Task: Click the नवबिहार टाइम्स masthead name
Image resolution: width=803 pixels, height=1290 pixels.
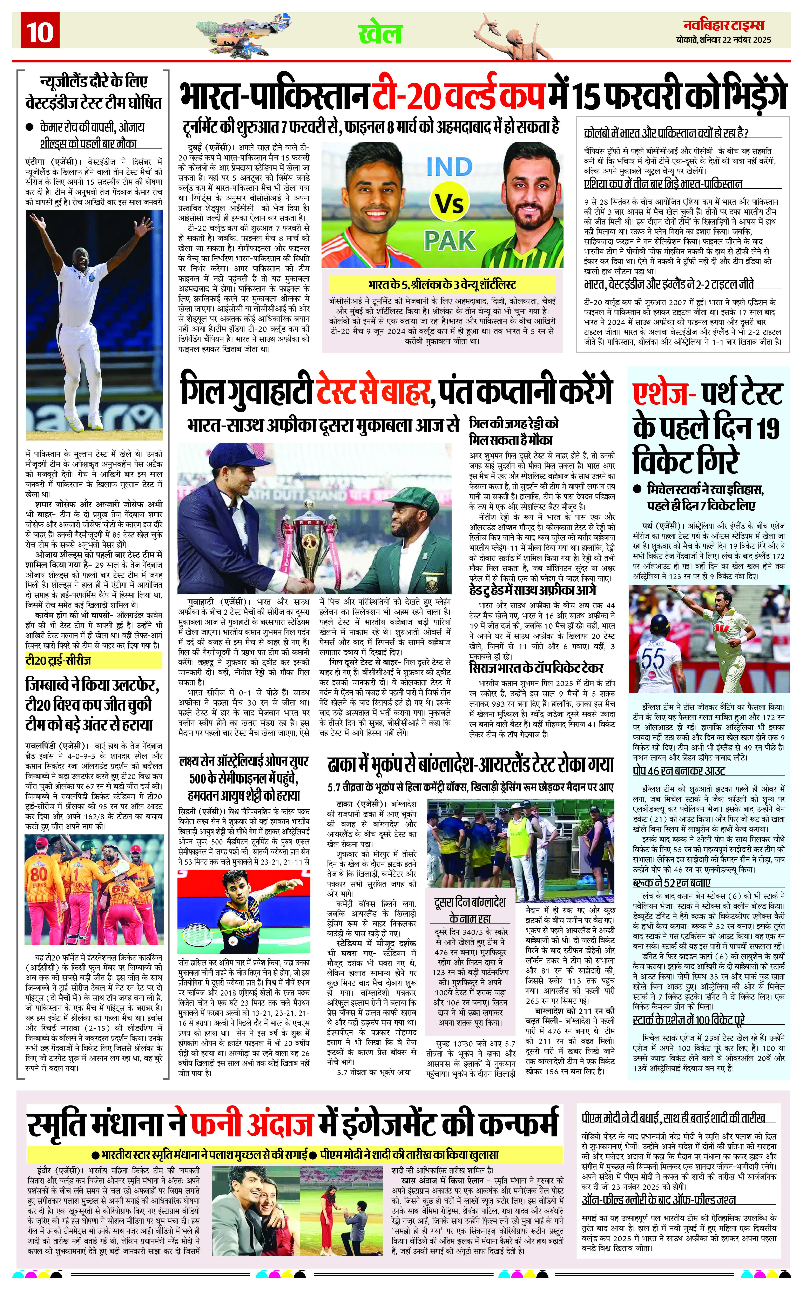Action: (723, 25)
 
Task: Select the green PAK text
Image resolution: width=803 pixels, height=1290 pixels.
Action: (449, 241)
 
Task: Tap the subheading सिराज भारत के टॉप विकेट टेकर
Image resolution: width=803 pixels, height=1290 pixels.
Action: (536, 668)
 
